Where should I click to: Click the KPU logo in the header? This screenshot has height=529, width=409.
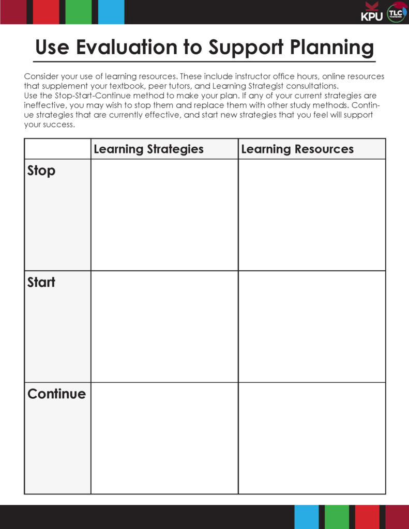point(372,12)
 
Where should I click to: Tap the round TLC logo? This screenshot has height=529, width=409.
point(397,12)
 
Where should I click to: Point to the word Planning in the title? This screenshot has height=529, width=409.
point(331,48)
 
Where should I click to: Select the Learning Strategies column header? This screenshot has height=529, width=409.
point(148,149)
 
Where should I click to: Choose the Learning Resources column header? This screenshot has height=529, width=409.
point(297,149)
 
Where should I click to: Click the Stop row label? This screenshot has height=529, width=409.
point(41,170)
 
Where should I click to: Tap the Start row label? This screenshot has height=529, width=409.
point(41,282)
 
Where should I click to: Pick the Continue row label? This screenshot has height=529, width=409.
point(56,394)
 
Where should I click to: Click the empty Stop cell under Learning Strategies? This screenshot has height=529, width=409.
point(164,214)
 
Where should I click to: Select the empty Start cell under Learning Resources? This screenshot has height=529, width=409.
point(312,326)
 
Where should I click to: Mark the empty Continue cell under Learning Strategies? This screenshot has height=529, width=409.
point(164,438)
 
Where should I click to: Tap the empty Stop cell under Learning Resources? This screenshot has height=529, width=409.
point(312,214)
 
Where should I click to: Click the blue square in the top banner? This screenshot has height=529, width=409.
point(111,12)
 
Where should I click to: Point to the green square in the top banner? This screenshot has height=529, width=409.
point(79,12)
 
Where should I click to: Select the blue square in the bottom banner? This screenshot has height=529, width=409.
point(307,517)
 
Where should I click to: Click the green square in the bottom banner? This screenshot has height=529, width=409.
point(337,517)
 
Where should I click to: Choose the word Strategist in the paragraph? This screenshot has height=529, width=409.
point(263,86)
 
